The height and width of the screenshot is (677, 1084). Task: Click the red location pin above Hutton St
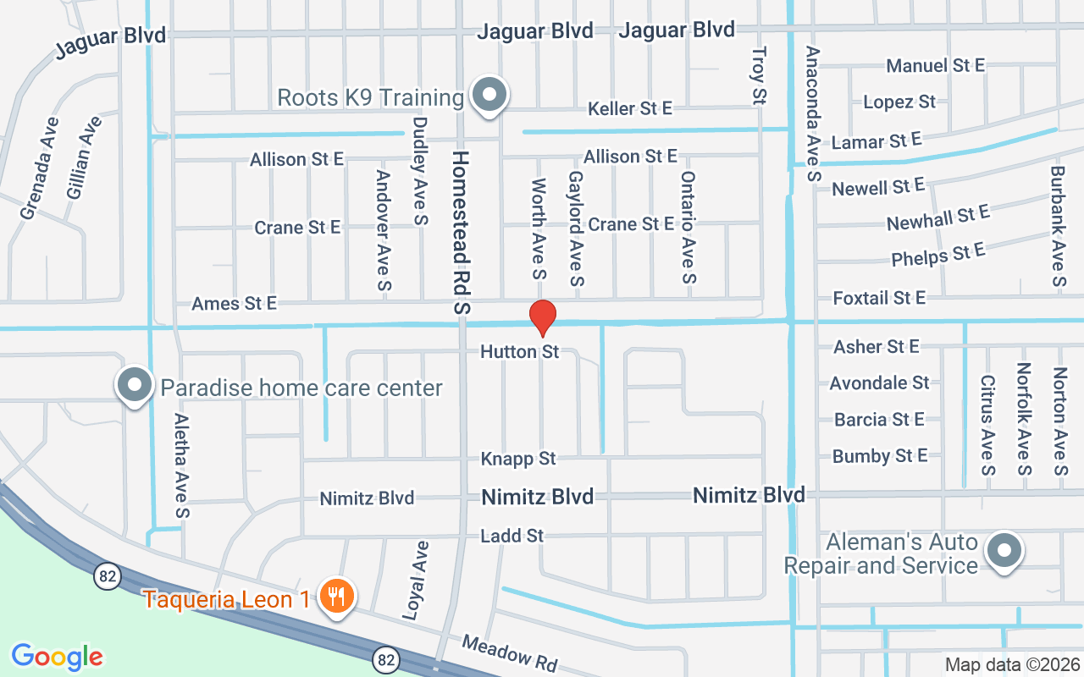click(542, 317)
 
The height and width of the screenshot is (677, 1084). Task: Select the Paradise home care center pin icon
click(134, 386)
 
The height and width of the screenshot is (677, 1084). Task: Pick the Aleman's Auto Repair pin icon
click(1004, 551)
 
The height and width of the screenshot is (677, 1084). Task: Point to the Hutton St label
click(520, 351)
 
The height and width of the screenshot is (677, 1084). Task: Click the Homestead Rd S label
click(461, 233)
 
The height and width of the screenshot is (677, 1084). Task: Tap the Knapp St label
click(518, 459)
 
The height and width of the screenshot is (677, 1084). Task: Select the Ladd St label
click(512, 536)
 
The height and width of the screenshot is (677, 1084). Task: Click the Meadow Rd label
click(510, 653)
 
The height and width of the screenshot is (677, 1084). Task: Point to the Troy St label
click(759, 76)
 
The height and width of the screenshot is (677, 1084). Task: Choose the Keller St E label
click(630, 108)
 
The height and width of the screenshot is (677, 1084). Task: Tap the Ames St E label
click(234, 303)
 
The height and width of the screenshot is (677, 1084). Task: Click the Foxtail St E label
click(879, 298)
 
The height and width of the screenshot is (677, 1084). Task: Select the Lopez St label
click(899, 102)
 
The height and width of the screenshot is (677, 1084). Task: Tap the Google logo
click(58, 656)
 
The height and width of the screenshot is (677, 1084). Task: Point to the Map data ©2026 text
click(1011, 665)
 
